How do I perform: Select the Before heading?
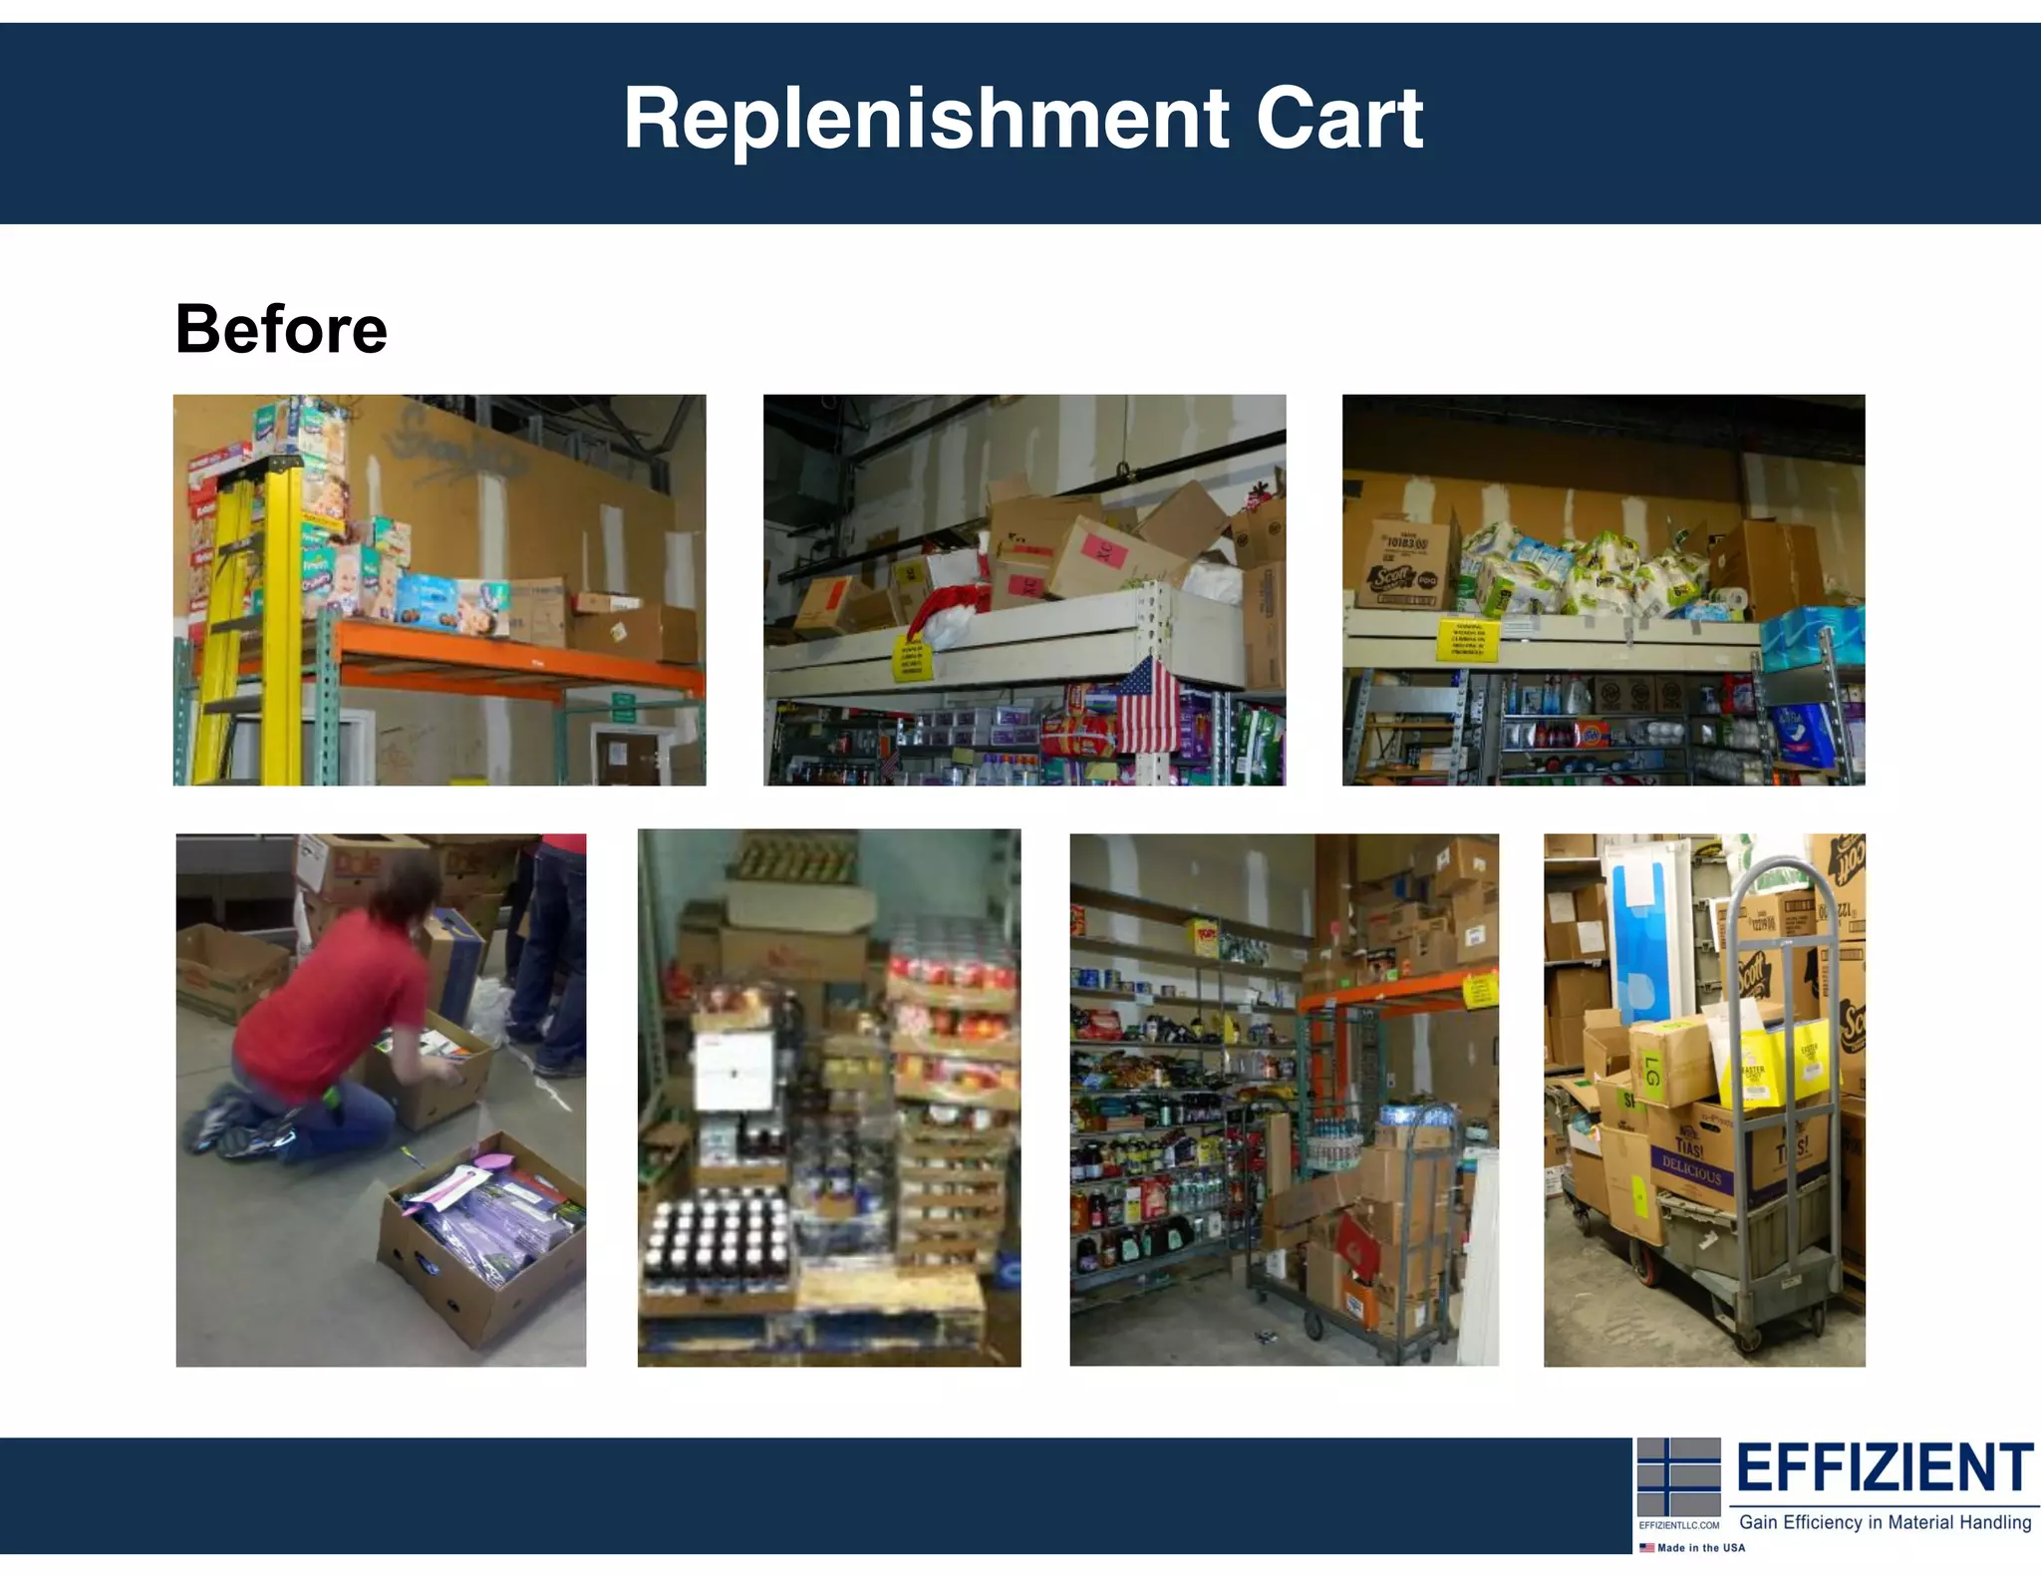tap(281, 329)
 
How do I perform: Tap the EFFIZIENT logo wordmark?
tap(1884, 1467)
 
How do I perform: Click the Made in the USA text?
tap(1700, 1548)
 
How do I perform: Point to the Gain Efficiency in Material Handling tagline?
tap(1885, 1522)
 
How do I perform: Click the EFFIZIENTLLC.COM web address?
tap(1679, 1525)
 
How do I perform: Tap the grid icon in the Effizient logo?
tap(1679, 1477)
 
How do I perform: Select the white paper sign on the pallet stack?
tap(734, 1072)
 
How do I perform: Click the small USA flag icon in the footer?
tap(1646, 1548)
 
